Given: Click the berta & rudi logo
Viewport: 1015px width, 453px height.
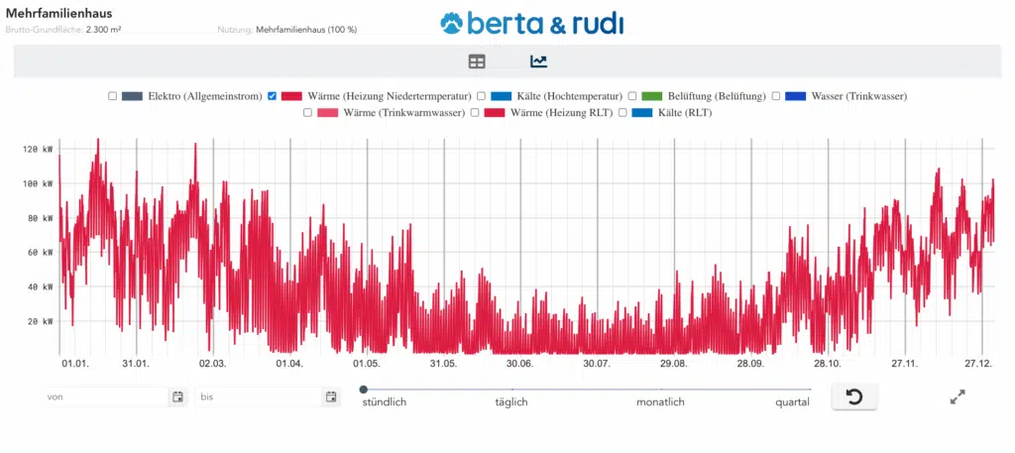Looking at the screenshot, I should (x=533, y=23).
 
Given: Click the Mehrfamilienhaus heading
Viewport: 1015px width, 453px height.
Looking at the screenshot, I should (x=58, y=13).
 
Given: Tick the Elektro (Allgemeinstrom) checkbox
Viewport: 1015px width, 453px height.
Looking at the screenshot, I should (x=112, y=96).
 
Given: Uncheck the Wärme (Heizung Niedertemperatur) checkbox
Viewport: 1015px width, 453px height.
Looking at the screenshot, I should (x=273, y=96).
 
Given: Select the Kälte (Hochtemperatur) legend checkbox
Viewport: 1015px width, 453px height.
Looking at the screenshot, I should (x=482, y=96).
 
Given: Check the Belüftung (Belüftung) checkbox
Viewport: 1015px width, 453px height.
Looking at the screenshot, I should (x=632, y=96).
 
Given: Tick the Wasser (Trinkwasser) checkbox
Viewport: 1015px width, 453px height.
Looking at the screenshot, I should (x=776, y=96).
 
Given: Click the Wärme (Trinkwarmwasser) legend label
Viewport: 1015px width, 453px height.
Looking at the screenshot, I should (x=404, y=113).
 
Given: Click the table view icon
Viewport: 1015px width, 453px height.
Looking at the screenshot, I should (x=477, y=61).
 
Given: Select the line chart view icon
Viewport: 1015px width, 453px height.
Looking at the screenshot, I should (x=538, y=61).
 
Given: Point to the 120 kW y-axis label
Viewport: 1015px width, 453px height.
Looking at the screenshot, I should (x=38, y=150).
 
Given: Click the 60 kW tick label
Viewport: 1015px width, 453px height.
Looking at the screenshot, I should (x=40, y=253).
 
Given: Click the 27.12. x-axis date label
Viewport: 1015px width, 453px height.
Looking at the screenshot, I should (x=977, y=364).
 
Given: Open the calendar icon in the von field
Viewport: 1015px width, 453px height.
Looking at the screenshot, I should (x=177, y=397).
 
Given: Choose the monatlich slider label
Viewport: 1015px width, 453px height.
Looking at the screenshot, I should (x=660, y=402).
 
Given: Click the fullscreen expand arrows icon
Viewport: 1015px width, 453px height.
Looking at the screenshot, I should (x=958, y=397).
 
